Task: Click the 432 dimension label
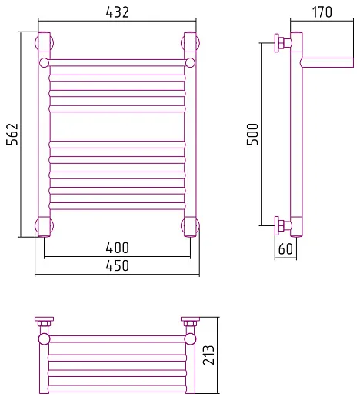117,12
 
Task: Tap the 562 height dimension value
12,134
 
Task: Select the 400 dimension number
117,248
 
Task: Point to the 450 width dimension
117,265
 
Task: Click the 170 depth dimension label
322,12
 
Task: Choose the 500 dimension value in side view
253,134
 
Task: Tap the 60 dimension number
285,248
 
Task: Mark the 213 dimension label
208,355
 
